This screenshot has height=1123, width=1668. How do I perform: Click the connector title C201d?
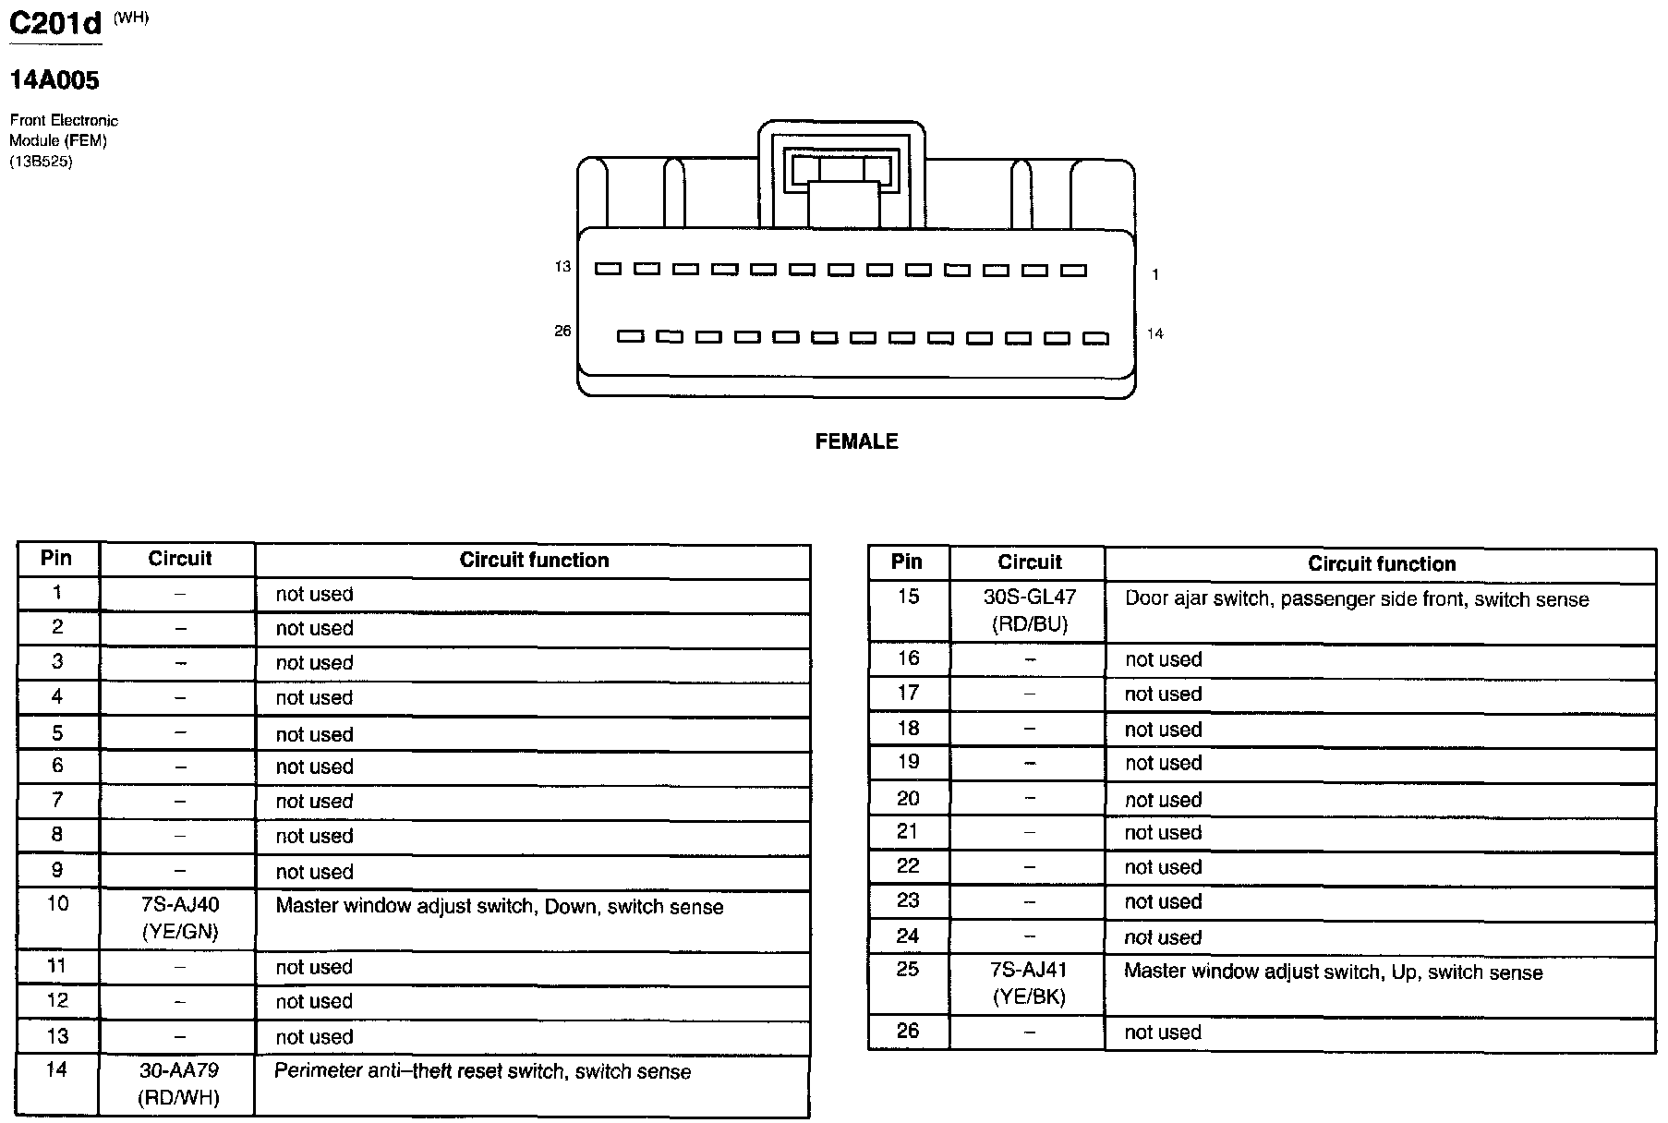[54, 23]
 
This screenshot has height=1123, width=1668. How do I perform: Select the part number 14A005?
[54, 80]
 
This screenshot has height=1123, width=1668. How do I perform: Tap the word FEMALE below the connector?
[856, 441]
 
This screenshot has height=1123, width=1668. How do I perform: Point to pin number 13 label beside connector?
[562, 267]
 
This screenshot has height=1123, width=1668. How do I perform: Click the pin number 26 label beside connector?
[562, 331]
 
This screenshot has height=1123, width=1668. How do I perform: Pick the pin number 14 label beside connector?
[1154, 333]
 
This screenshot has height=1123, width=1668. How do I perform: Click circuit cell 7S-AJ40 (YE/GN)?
[180, 918]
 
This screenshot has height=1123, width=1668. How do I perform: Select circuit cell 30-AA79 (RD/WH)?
[180, 1083]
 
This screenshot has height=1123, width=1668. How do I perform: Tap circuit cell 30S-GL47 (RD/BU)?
[1030, 610]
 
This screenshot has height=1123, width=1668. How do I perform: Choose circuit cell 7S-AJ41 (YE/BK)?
[1029, 983]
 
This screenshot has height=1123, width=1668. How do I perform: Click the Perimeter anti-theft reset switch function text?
[482, 1071]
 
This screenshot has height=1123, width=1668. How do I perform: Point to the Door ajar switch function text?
[1356, 599]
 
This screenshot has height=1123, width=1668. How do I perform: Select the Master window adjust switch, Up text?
[1333, 972]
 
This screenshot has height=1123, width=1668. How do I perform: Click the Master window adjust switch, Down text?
[499, 907]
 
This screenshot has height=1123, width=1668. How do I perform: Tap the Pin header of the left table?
[56, 558]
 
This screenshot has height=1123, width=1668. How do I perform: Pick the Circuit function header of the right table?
[1381, 563]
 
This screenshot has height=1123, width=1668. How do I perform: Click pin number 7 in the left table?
[57, 800]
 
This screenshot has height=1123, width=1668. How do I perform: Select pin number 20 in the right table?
[908, 798]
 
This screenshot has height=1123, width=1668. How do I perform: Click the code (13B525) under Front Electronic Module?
[41, 162]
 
